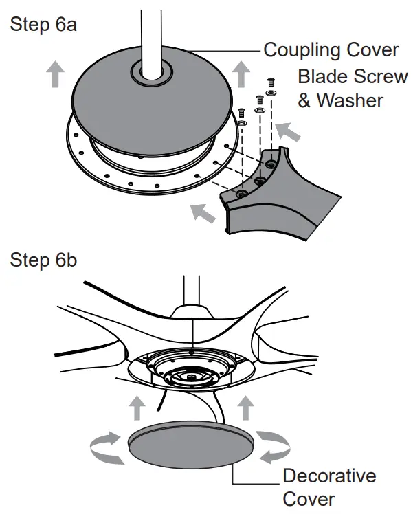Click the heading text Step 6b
pyautogui.click(x=43, y=261)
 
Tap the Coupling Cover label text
pyautogui.click(x=331, y=50)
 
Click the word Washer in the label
pyautogui.click(x=349, y=100)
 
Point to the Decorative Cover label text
pyautogui.click(x=329, y=487)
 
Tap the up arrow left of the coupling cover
pyautogui.click(x=54, y=74)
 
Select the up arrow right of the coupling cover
pyautogui.click(x=241, y=74)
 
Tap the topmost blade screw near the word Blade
pyautogui.click(x=270, y=82)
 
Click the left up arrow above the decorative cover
pyautogui.click(x=137, y=408)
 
